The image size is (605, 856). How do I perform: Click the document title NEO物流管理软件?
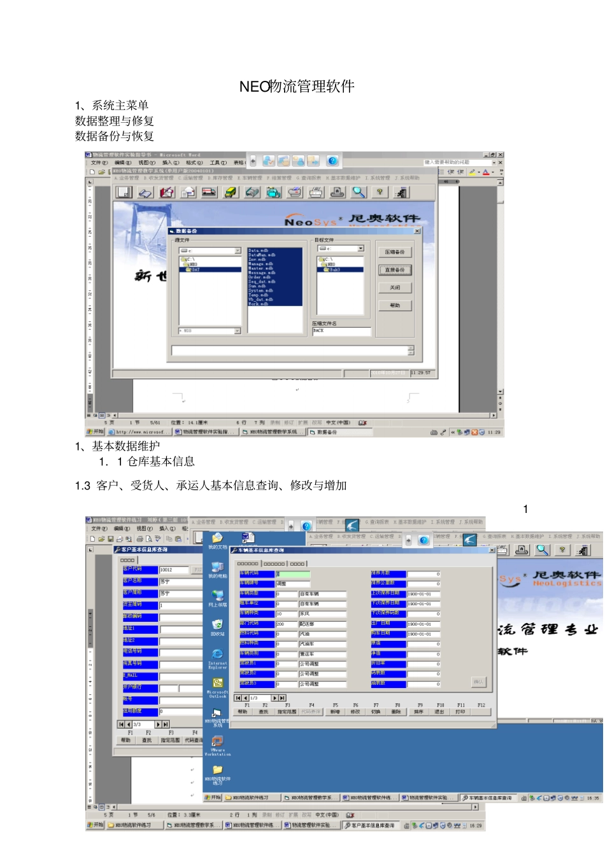pos(297,87)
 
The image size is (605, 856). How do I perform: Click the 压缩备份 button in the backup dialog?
pos(395,253)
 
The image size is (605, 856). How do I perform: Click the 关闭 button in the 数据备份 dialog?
pos(395,288)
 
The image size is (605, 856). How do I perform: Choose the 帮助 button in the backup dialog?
pos(395,305)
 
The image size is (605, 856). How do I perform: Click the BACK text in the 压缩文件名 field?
pos(319,331)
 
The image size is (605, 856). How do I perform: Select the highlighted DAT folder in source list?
pos(195,269)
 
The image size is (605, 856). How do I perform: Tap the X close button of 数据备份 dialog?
pos(417,231)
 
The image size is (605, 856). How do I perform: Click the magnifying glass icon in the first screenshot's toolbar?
pos(359,192)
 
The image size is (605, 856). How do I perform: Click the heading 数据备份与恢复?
pos(115,136)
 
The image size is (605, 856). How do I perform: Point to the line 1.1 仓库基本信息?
pos(147,461)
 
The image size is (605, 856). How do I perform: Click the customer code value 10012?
pos(166,570)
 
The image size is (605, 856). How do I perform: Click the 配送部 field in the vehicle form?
pos(322,624)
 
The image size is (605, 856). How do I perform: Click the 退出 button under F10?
pos(439,712)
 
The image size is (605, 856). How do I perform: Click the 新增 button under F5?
pos(335,712)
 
